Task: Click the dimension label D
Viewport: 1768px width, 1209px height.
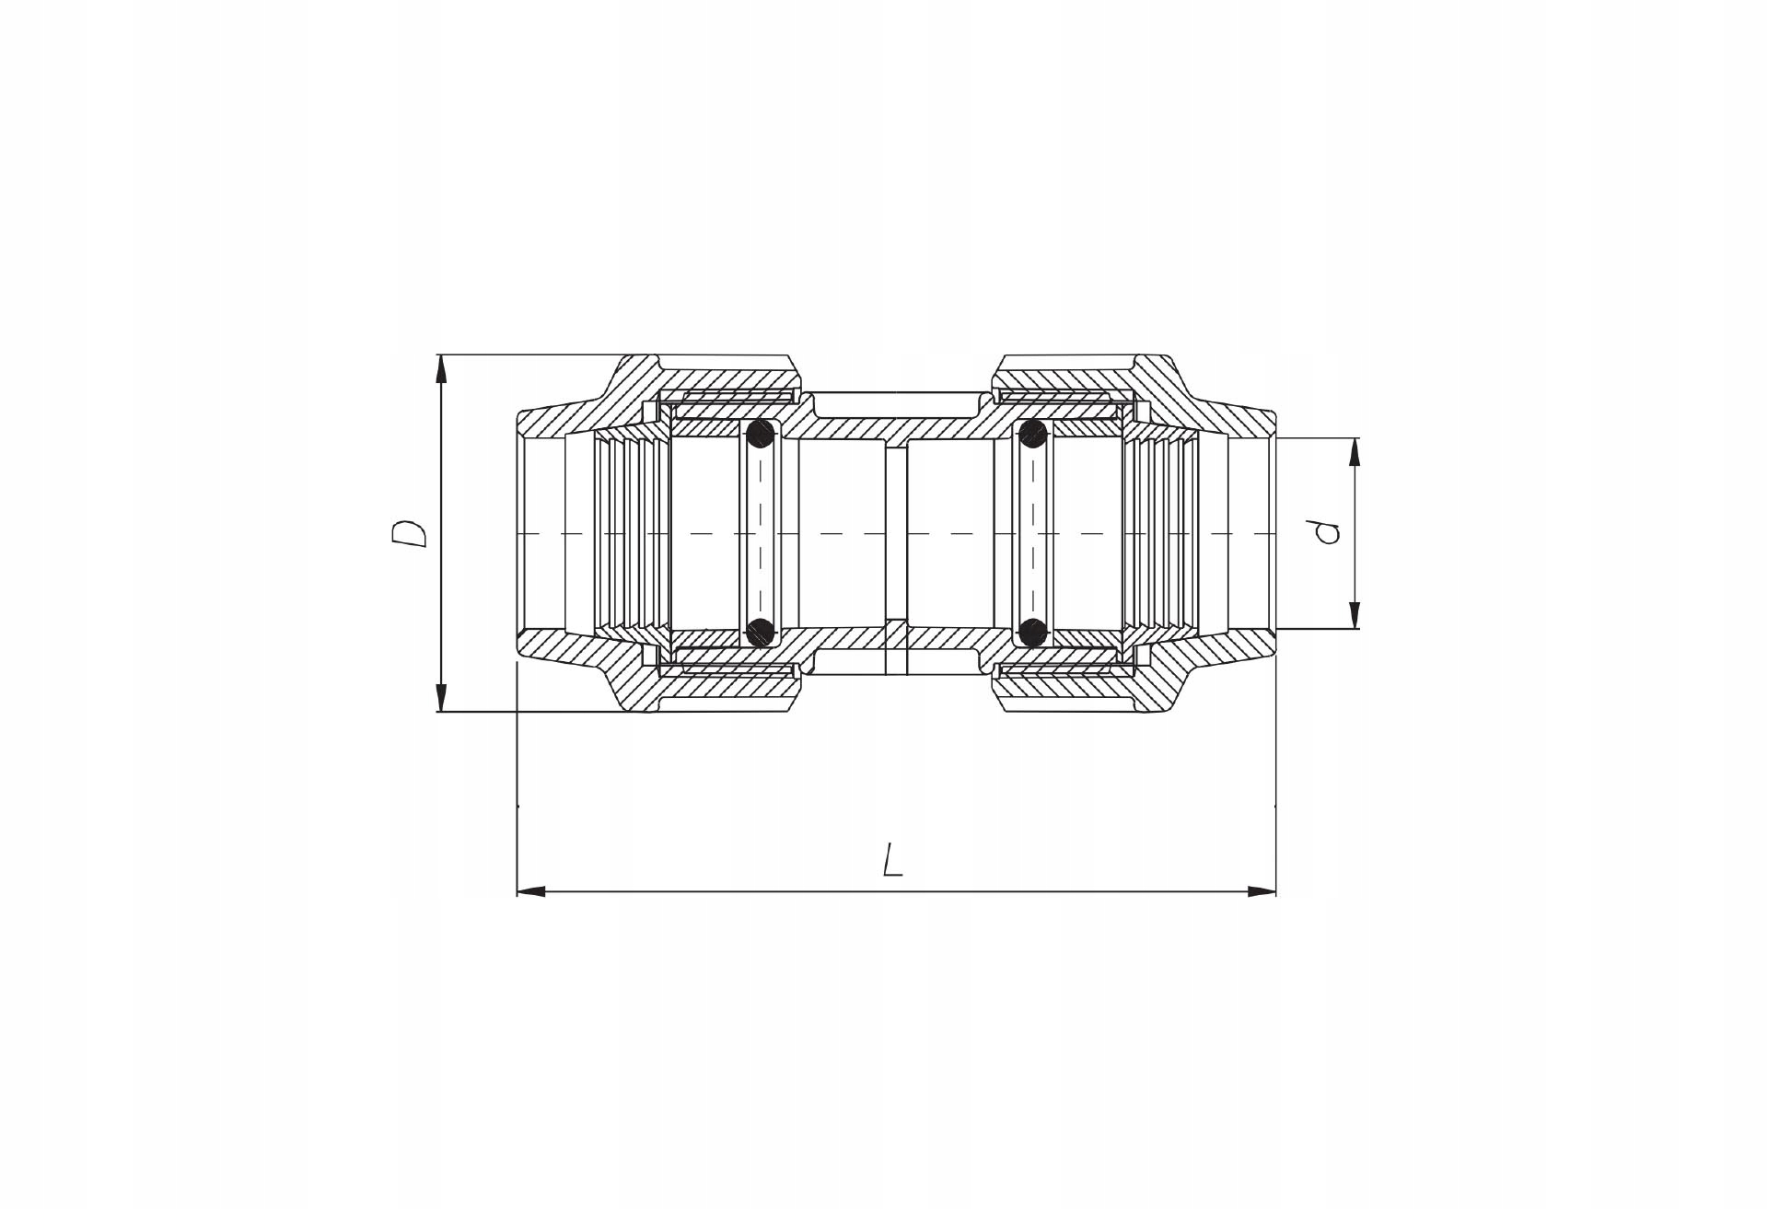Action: [x=409, y=533]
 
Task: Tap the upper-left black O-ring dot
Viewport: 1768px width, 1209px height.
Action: [x=760, y=433]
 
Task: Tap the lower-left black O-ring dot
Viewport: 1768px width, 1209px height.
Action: [x=760, y=632]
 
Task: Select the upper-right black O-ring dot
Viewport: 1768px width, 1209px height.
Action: [x=1033, y=433]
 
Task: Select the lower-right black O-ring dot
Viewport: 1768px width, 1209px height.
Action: [x=1033, y=632]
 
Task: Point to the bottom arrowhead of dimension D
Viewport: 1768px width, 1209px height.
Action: [x=441, y=698]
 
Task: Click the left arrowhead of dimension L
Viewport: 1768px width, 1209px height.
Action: [x=530, y=891]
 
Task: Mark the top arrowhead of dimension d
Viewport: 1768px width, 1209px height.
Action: [x=1355, y=450]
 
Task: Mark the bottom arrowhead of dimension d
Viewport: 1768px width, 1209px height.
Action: [x=1355, y=616]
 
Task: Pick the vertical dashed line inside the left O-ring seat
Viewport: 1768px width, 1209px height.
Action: [x=761, y=533]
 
